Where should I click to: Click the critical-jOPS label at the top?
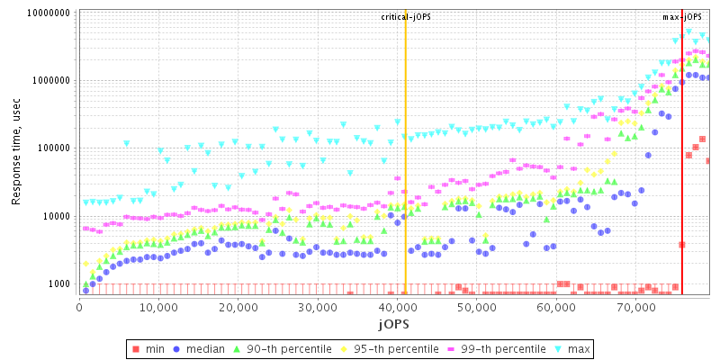[406, 17]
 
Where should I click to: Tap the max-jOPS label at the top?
[681, 17]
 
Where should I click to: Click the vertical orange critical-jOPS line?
[406, 180]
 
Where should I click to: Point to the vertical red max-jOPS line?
[682, 180]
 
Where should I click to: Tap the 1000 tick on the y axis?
[60, 284]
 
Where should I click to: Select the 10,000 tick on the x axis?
[158, 309]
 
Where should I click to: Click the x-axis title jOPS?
[395, 323]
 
